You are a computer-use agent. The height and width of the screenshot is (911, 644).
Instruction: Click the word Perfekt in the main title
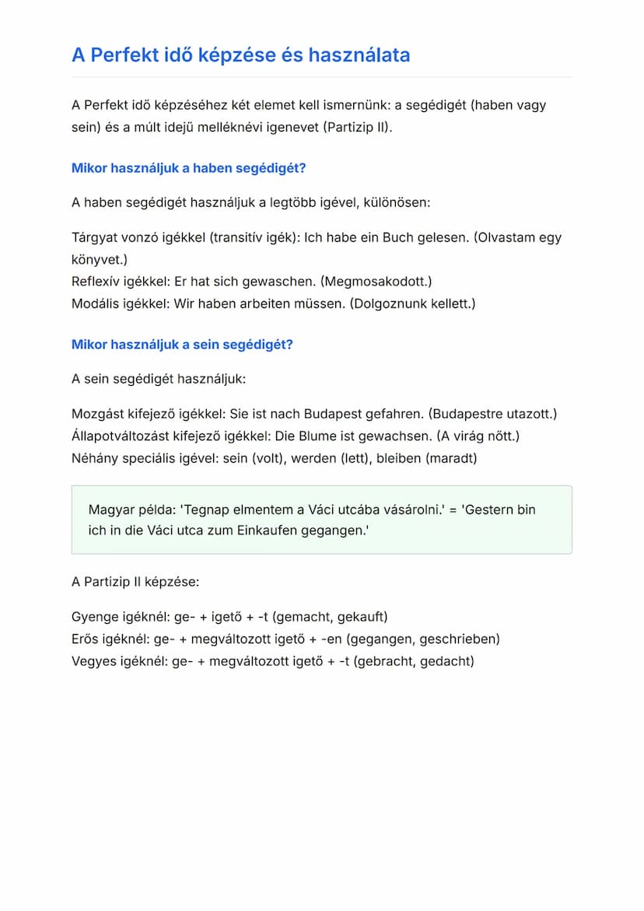(x=123, y=55)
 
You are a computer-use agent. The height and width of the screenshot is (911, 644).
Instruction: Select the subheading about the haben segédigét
(x=189, y=168)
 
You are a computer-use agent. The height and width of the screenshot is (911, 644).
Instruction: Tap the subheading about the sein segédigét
(x=182, y=345)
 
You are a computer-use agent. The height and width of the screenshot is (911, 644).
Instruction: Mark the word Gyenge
(x=93, y=617)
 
